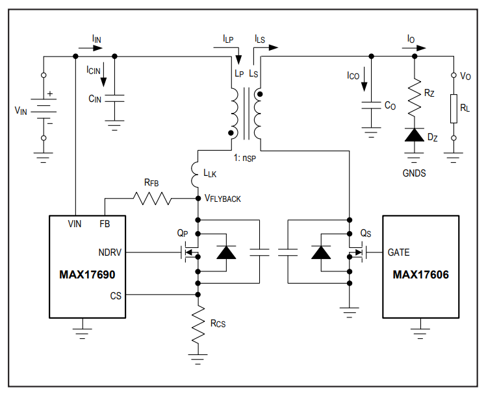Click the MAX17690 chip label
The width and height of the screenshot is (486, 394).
pyautogui.click(x=87, y=275)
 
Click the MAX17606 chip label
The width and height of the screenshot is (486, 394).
pyautogui.click(x=420, y=275)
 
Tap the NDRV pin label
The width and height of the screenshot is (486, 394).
pyautogui.click(x=110, y=252)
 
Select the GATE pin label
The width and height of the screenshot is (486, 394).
pyautogui.click(x=398, y=252)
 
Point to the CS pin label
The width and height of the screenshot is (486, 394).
pyautogui.click(x=116, y=296)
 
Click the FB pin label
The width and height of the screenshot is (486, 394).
pyautogui.click(x=105, y=224)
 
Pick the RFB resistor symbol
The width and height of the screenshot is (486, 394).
pyautogui.click(x=152, y=198)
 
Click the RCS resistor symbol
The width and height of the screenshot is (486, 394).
pyautogui.click(x=198, y=325)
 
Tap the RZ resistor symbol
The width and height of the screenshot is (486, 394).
pyautogui.click(x=415, y=98)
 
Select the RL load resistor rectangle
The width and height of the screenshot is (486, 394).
pyautogui.click(x=454, y=108)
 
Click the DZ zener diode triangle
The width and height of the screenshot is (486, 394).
pyautogui.click(x=415, y=135)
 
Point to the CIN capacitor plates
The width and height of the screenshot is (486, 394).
pyautogui.click(x=114, y=98)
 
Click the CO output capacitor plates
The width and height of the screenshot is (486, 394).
pyautogui.click(x=371, y=105)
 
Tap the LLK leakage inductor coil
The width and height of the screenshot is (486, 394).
pyautogui.click(x=195, y=175)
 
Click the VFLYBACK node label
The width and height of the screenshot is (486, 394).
pyautogui.click(x=223, y=199)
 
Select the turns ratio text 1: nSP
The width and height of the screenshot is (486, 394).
pyautogui.click(x=245, y=158)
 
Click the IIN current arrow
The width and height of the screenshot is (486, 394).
pyautogui.click(x=90, y=48)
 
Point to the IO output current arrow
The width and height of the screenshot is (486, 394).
pyautogui.click(x=414, y=48)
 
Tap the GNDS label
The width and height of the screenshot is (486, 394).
pyautogui.click(x=414, y=173)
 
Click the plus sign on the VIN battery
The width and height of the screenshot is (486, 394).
pyautogui.click(x=50, y=93)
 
